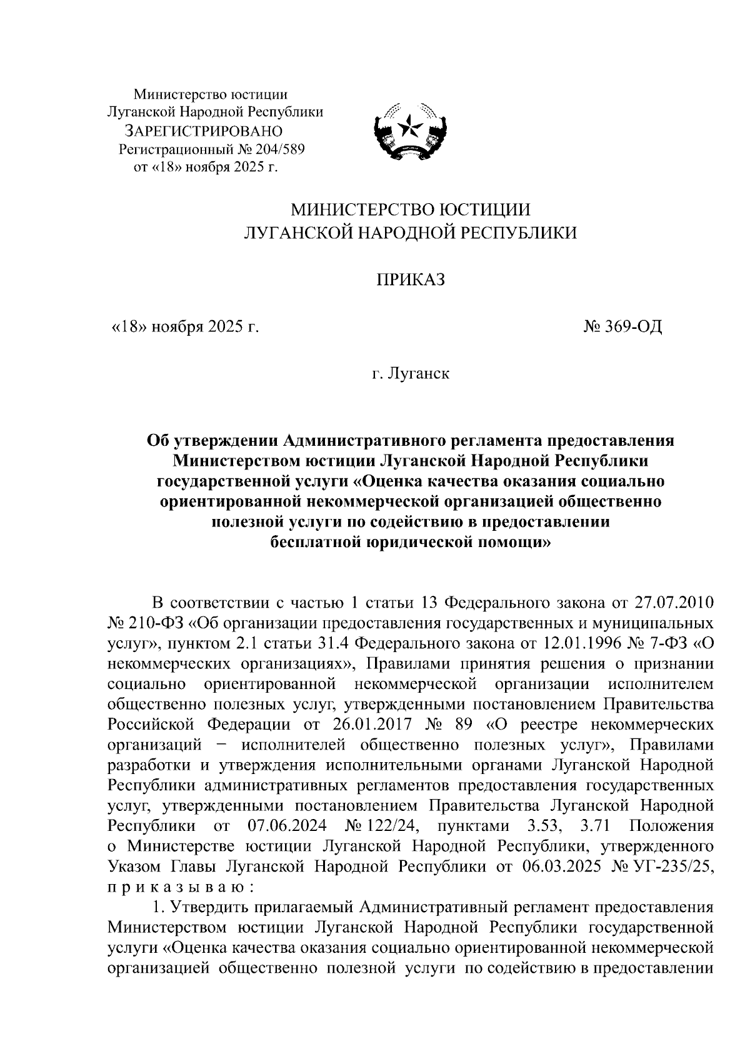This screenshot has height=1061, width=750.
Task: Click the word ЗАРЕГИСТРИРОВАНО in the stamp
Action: (x=204, y=131)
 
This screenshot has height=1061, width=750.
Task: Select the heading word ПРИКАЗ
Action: (x=409, y=280)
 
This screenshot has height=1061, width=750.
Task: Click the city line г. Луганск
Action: (x=409, y=374)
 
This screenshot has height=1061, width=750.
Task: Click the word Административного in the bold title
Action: (x=362, y=440)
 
